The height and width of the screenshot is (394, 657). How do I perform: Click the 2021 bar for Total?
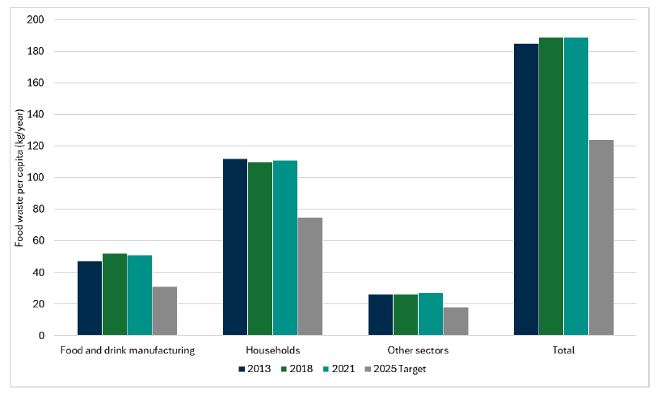(576, 186)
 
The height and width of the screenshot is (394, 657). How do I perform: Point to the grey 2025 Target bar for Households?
(310, 276)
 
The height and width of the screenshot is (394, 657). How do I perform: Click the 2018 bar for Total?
(551, 186)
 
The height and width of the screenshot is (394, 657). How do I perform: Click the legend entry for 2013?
(254, 369)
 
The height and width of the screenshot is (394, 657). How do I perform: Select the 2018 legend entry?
(301, 369)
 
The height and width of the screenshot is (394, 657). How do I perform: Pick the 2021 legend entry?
(347, 369)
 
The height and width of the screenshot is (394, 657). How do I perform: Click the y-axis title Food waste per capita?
(19, 177)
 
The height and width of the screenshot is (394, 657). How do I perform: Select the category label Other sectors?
(418, 351)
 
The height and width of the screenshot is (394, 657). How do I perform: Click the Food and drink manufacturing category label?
(127, 351)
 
